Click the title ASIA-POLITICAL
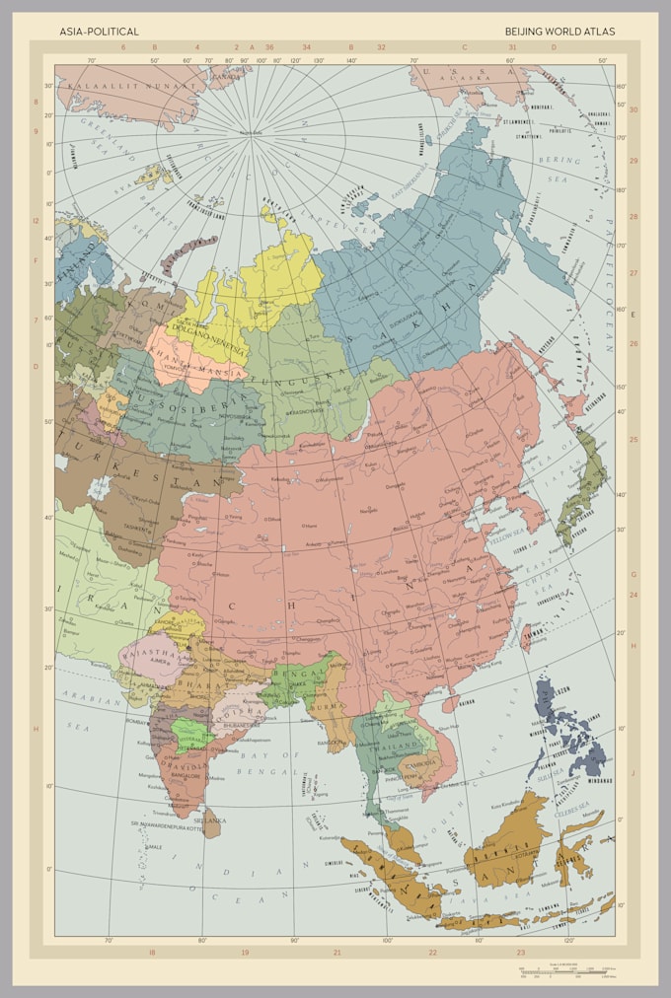[x=99, y=32]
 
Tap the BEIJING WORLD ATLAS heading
[x=559, y=32]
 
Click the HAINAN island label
[x=467, y=700]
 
